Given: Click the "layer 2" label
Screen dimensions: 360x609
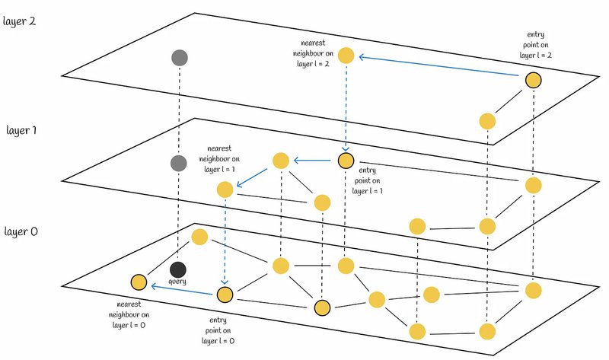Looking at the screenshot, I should [x=21, y=21].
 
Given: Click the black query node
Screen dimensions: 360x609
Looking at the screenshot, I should [x=177, y=269].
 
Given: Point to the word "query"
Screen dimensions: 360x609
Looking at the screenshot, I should [x=177, y=282].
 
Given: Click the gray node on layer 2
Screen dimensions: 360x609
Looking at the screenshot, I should [x=180, y=57].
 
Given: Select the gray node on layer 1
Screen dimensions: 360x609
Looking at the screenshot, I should [x=178, y=163].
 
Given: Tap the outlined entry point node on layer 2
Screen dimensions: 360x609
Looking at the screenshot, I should [x=532, y=78].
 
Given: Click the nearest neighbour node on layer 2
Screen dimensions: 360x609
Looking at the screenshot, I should [x=346, y=55].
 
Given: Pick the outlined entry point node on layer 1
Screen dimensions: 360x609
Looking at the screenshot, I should [x=346, y=161].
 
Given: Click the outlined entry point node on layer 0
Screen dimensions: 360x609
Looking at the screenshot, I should [x=225, y=294].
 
